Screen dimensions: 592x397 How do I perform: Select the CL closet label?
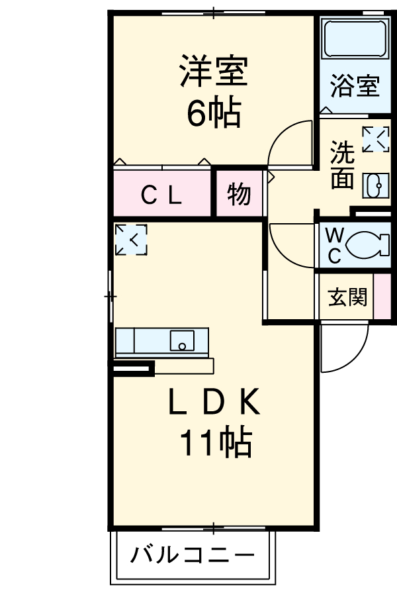[163, 195]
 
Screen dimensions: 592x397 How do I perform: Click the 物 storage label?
[239, 195]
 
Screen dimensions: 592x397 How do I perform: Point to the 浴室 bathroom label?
[354, 86]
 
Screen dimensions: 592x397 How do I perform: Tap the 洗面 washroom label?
[342, 166]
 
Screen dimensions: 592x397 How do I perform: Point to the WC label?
[335, 246]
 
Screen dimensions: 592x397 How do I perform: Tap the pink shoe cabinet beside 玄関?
[382, 297]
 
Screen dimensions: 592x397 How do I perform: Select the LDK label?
[213, 403]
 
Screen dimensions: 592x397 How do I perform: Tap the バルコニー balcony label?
[193, 554]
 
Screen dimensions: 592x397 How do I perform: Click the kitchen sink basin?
[182, 341]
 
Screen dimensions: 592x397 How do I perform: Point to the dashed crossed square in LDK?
[130, 240]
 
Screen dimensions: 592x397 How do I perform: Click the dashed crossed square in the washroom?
[375, 140]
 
